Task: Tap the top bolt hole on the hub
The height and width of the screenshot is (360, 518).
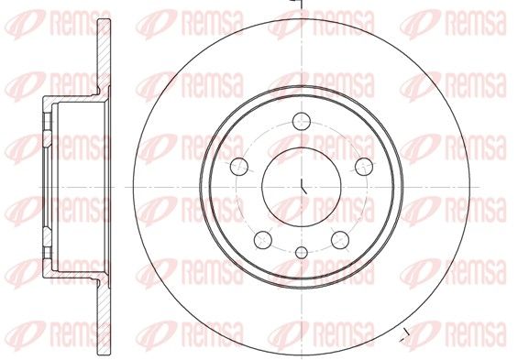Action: point(302,122)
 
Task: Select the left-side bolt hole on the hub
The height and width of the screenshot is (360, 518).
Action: point(239,167)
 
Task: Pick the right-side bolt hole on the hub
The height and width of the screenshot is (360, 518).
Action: point(364,167)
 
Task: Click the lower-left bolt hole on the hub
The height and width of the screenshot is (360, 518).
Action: point(263,240)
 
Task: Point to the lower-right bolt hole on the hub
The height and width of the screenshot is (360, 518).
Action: point(340,240)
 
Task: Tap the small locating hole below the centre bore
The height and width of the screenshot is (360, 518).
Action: point(302,253)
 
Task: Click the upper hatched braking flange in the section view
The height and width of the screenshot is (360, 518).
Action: point(104,57)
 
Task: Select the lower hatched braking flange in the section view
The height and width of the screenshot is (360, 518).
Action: point(104,317)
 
